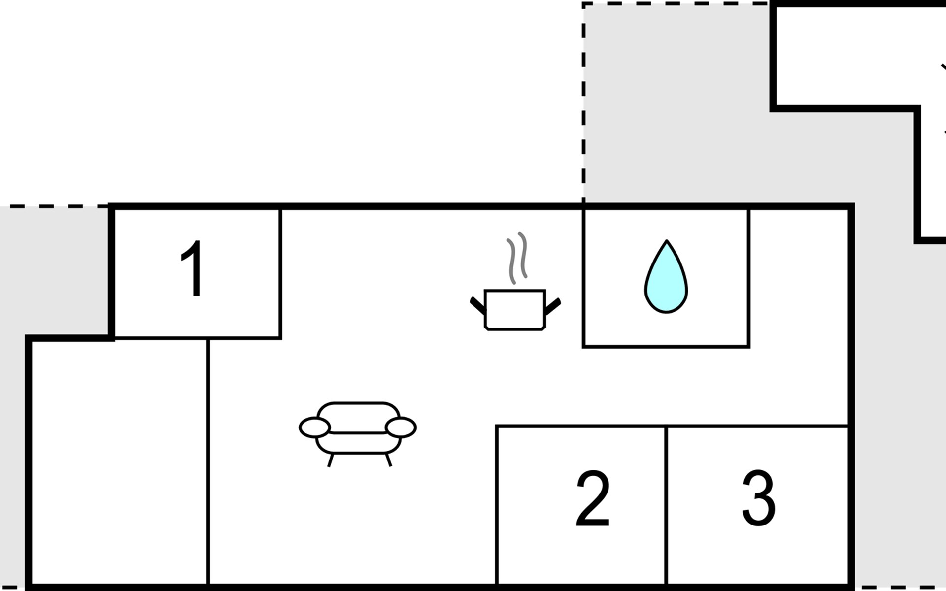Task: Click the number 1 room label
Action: pos(193,269)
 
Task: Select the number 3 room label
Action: pos(758,498)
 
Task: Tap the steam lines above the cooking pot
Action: pos(517,257)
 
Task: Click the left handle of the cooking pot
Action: pos(477,305)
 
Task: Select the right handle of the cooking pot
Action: pos(553,305)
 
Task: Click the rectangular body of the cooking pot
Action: pos(515,310)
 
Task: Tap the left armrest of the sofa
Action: pos(314,427)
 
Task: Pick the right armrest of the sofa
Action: pos(401,427)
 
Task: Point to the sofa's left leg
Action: pos(331,460)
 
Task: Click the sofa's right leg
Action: pos(388,460)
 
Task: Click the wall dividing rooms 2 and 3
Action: pos(666,507)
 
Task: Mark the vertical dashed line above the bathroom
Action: pos(584,98)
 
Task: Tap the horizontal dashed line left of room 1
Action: pos(54,206)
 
